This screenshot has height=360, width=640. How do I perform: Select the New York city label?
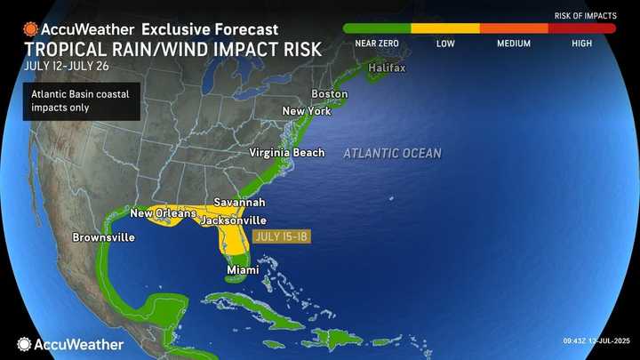tap(306, 111)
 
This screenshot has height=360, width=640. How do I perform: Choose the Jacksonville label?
tap(233, 220)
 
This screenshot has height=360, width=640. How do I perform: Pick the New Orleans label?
tap(163, 213)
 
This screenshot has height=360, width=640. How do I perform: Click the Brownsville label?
tap(104, 238)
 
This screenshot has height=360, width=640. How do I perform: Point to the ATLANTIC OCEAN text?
tap(392, 154)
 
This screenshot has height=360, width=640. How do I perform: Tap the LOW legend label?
tap(445, 43)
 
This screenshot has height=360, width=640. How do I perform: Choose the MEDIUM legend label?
tap(514, 43)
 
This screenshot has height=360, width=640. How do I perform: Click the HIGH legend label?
tap(582, 43)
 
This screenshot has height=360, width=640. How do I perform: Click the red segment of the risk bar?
tap(581, 28)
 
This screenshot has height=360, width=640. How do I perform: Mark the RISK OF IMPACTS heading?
tap(585, 15)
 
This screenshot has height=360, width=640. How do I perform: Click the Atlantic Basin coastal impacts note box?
tap(81, 101)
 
